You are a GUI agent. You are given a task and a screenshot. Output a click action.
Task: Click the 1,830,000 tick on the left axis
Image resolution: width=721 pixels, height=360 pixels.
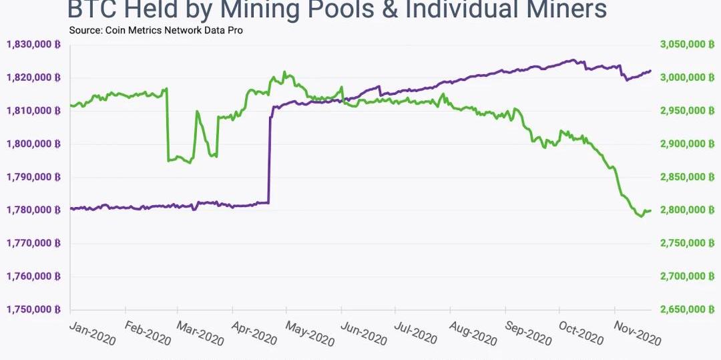point(33,44)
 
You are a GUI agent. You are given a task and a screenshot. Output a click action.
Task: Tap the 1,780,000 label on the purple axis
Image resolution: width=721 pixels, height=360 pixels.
point(33,210)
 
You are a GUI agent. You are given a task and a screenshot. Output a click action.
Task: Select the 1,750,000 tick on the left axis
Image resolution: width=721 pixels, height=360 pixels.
point(33,310)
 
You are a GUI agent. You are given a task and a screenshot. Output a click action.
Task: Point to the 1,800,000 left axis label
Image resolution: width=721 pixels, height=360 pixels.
point(33,144)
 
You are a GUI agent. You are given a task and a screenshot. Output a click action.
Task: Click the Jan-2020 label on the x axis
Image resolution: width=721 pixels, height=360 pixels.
point(93,333)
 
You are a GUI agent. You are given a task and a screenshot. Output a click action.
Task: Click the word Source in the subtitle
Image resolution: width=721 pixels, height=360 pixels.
point(85,30)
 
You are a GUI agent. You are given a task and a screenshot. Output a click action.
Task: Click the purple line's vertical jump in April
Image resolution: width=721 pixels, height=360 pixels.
point(269,160)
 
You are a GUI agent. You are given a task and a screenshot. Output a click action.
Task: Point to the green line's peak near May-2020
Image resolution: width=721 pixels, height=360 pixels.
point(284,72)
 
